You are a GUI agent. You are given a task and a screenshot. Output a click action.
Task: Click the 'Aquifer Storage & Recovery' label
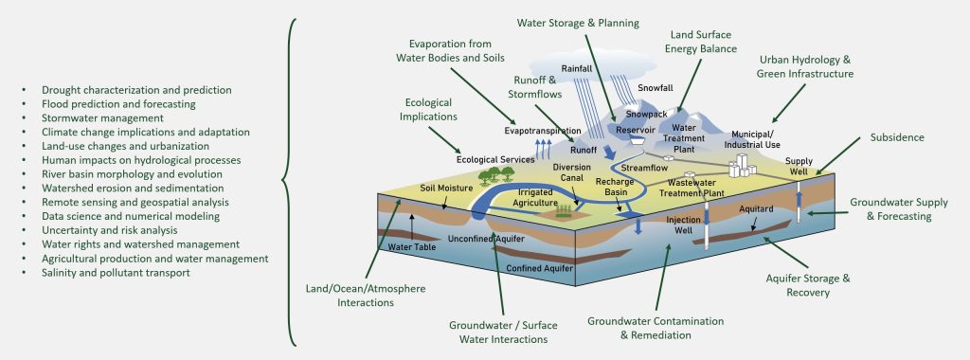coord(808,285)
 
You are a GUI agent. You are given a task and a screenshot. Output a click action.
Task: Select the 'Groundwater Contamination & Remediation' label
coord(655,327)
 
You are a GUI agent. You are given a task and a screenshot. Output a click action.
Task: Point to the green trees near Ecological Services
coord(491,174)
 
